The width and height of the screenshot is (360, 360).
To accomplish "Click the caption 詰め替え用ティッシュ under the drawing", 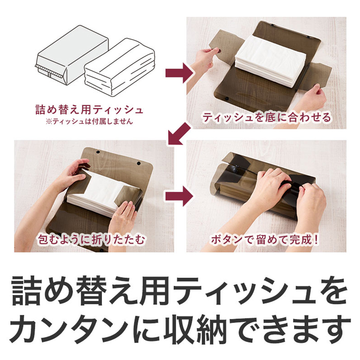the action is pyautogui.click(x=89, y=110).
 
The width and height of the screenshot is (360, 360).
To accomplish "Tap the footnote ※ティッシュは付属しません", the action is pyautogui.click(x=89, y=121).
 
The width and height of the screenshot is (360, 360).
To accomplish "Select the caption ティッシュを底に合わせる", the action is pyautogui.click(x=267, y=118).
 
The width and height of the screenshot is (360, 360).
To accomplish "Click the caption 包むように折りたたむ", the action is pyautogui.click(x=92, y=240).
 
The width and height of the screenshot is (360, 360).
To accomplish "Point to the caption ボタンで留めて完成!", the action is pyautogui.click(x=265, y=240).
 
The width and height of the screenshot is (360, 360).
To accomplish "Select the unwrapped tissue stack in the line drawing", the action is pyautogui.click(x=119, y=66).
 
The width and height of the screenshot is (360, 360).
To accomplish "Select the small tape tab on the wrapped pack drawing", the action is pyautogui.click(x=49, y=75).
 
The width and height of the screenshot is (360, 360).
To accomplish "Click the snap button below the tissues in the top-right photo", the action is pyautogui.click(x=227, y=99).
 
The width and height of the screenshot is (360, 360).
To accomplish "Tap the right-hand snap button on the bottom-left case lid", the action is pyautogui.click(x=138, y=163).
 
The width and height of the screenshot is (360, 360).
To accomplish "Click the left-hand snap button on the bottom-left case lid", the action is pyautogui.click(x=98, y=152).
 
